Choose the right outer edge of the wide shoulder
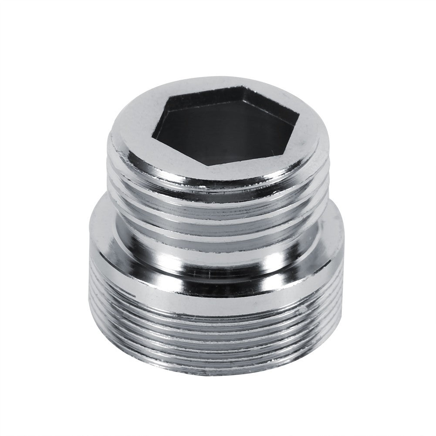coord(344,244)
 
